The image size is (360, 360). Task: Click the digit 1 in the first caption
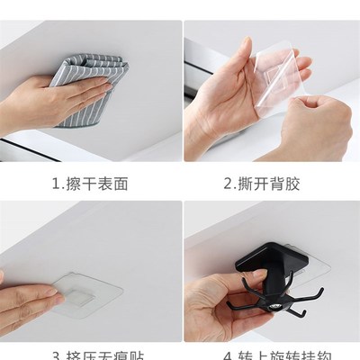[51, 184]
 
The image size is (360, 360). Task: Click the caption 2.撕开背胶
[267, 184]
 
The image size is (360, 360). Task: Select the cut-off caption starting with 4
[267, 355]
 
